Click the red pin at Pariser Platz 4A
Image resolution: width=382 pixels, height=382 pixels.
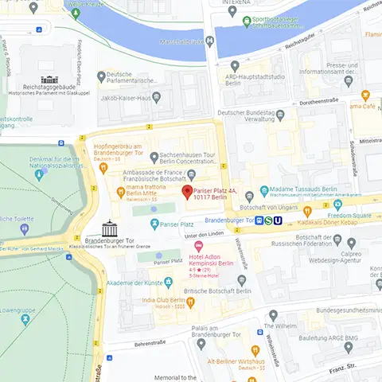click(187, 193)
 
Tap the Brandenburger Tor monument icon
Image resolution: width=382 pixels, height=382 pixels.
click(107, 228)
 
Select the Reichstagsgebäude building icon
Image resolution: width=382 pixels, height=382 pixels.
click(50, 80)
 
